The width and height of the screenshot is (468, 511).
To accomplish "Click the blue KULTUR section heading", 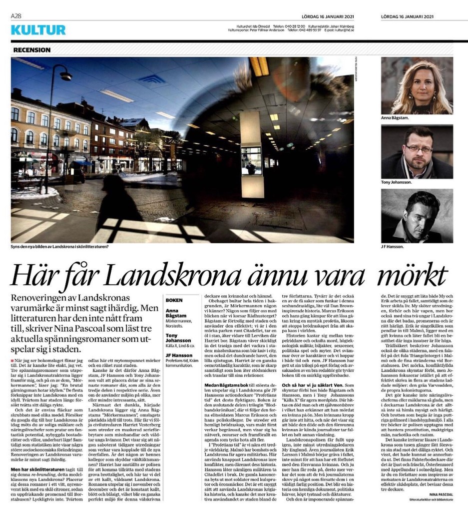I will click(x=38, y=30).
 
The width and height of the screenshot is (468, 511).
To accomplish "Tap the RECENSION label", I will click(x=32, y=50).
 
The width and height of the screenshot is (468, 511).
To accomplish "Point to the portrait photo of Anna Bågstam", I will click(x=417, y=85).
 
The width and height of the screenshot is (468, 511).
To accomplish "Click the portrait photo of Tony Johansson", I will click(x=417, y=152).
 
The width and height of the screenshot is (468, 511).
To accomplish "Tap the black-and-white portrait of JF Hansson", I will click(x=417, y=216).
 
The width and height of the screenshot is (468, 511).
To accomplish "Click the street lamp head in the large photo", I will click(x=66, y=76).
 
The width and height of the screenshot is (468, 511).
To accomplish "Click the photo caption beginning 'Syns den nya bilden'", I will click(x=60, y=247).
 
